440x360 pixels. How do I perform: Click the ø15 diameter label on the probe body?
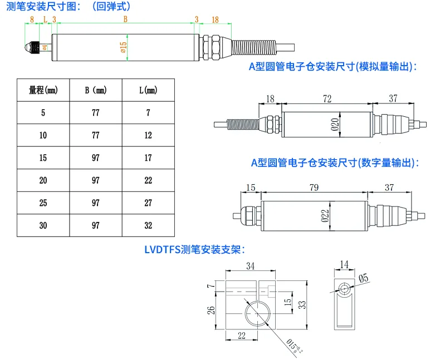(x=124, y=47)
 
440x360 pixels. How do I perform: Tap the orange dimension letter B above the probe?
(x=125, y=19)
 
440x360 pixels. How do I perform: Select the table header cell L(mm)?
(x=148, y=90)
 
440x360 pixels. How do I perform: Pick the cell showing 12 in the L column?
(x=148, y=135)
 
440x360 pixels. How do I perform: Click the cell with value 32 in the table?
(x=148, y=225)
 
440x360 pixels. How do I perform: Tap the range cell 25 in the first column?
(x=43, y=203)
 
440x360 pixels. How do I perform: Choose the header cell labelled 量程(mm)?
(x=43, y=90)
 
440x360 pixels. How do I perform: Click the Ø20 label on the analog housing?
(x=335, y=125)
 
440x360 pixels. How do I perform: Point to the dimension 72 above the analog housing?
(x=327, y=98)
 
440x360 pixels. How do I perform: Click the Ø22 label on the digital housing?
(x=325, y=216)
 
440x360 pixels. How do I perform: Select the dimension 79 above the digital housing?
(x=314, y=188)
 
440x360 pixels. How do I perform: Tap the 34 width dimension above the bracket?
(x=250, y=266)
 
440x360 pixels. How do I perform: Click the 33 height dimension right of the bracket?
(x=302, y=305)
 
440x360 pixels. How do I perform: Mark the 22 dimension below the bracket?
(x=242, y=336)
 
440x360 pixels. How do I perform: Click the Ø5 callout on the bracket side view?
(x=363, y=278)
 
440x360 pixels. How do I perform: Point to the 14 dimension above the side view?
(x=344, y=264)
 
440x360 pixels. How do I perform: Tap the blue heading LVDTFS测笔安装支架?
(x=195, y=249)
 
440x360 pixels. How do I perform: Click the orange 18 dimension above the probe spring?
(x=215, y=19)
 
